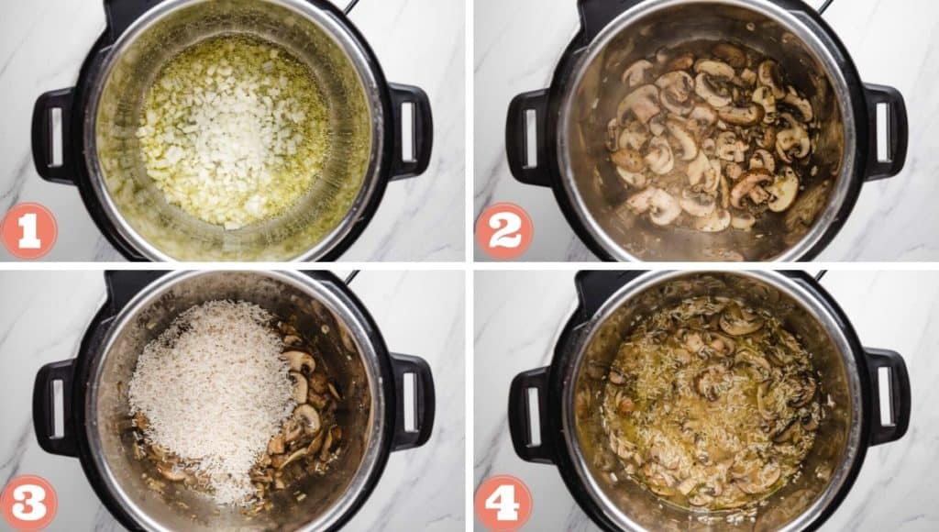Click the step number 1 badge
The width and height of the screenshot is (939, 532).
pos(28,230)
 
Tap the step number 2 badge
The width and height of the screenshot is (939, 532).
pos(503,230)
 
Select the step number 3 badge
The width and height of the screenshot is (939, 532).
pos(28,503)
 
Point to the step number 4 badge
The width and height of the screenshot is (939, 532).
pos(503,503)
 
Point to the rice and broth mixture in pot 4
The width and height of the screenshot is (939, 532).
pos(711,404)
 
